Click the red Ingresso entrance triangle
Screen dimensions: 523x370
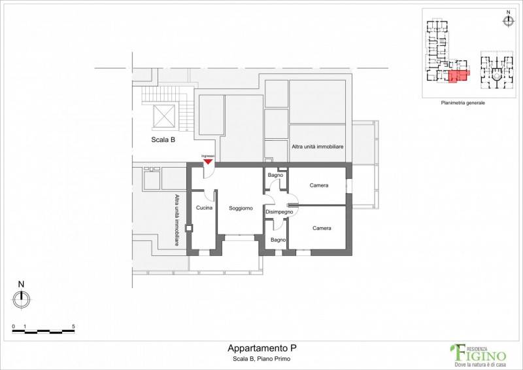208,162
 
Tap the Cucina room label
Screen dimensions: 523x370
204,208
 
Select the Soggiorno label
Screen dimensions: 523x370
241,208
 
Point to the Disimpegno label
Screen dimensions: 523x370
279,212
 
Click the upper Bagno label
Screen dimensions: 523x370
275,175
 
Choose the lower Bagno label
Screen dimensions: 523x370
278,240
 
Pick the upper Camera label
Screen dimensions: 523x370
319,185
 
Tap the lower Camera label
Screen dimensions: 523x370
322,229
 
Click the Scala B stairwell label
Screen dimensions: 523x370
163,139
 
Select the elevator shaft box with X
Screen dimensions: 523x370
164,117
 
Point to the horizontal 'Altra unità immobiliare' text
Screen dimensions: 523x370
318,147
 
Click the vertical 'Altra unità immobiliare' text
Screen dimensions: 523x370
177,220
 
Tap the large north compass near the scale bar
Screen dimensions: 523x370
22,299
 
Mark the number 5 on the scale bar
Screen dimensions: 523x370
73,327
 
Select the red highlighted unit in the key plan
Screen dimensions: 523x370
458,76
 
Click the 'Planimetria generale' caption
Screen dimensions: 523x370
463,103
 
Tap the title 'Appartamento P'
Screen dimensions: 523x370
262,348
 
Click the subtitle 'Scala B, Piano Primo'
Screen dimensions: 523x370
261,359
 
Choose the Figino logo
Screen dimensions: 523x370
479,355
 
